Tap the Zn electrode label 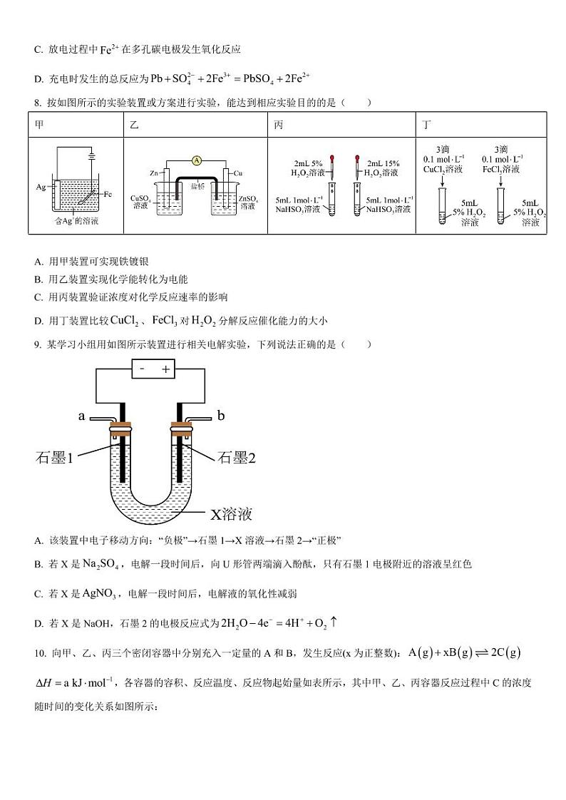pyautogui.click(x=153, y=173)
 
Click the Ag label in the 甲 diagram pyautogui.click(x=40, y=187)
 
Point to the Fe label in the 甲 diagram pyautogui.click(x=108, y=194)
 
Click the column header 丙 pyautogui.click(x=278, y=125)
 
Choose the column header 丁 pyautogui.click(x=426, y=125)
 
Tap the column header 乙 pyautogui.click(x=134, y=125)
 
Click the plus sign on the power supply pyautogui.click(x=165, y=369)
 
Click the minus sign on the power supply pyautogui.click(x=142, y=369)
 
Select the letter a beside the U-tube pyautogui.click(x=82, y=415)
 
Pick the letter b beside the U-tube pyautogui.click(x=220, y=415)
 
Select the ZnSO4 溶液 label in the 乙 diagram pyautogui.click(x=248, y=202)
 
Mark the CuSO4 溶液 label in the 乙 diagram pyautogui.click(x=140, y=202)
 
